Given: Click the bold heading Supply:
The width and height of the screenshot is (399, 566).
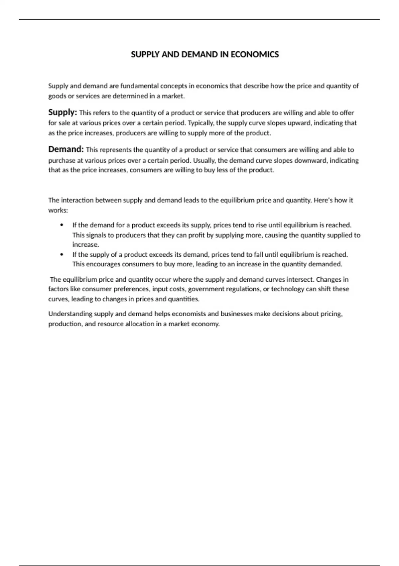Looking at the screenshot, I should click(x=63, y=112).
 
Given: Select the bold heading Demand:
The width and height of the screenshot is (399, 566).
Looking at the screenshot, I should click(x=66, y=149).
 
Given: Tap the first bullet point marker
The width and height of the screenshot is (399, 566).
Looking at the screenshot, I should click(x=62, y=225).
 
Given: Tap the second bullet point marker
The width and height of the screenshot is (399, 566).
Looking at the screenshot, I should click(x=62, y=255).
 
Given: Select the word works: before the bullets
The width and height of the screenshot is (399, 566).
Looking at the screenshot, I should click(x=58, y=210).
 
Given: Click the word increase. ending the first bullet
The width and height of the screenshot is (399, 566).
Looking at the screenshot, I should click(x=86, y=245).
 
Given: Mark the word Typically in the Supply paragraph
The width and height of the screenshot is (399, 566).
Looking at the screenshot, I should click(x=201, y=123).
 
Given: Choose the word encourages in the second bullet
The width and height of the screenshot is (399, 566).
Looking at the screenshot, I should click(x=103, y=264).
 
